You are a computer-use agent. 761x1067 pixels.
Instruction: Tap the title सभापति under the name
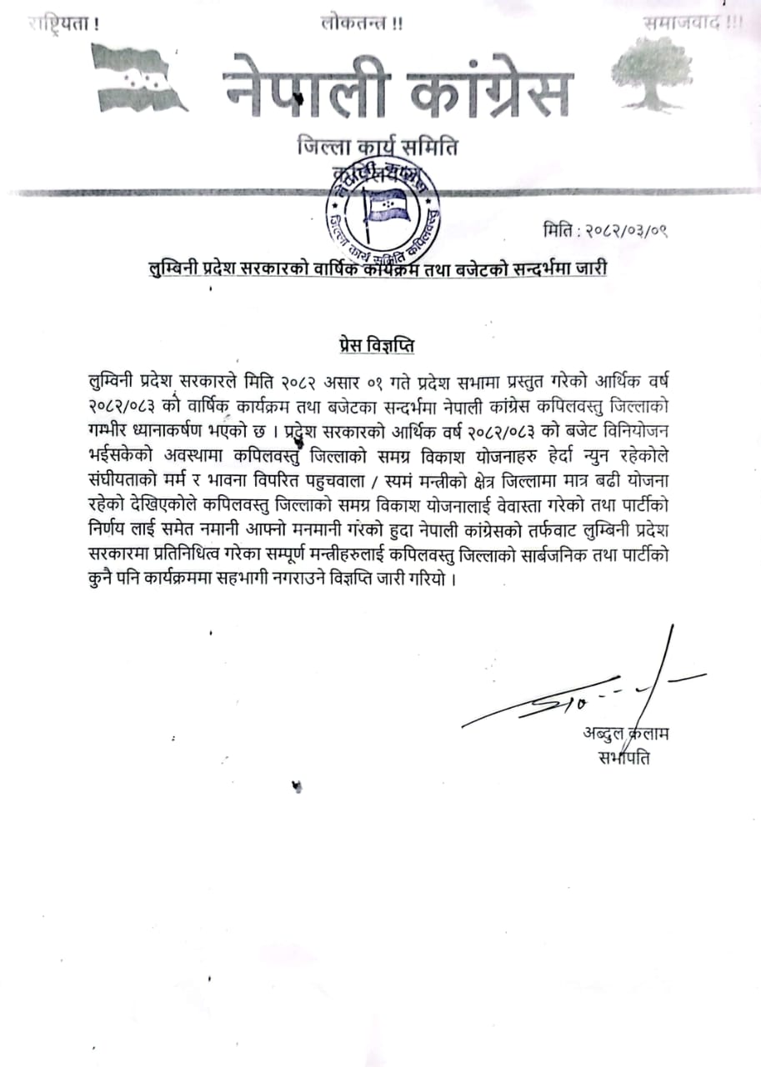(623, 758)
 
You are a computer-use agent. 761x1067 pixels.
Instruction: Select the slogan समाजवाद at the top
(681, 23)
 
